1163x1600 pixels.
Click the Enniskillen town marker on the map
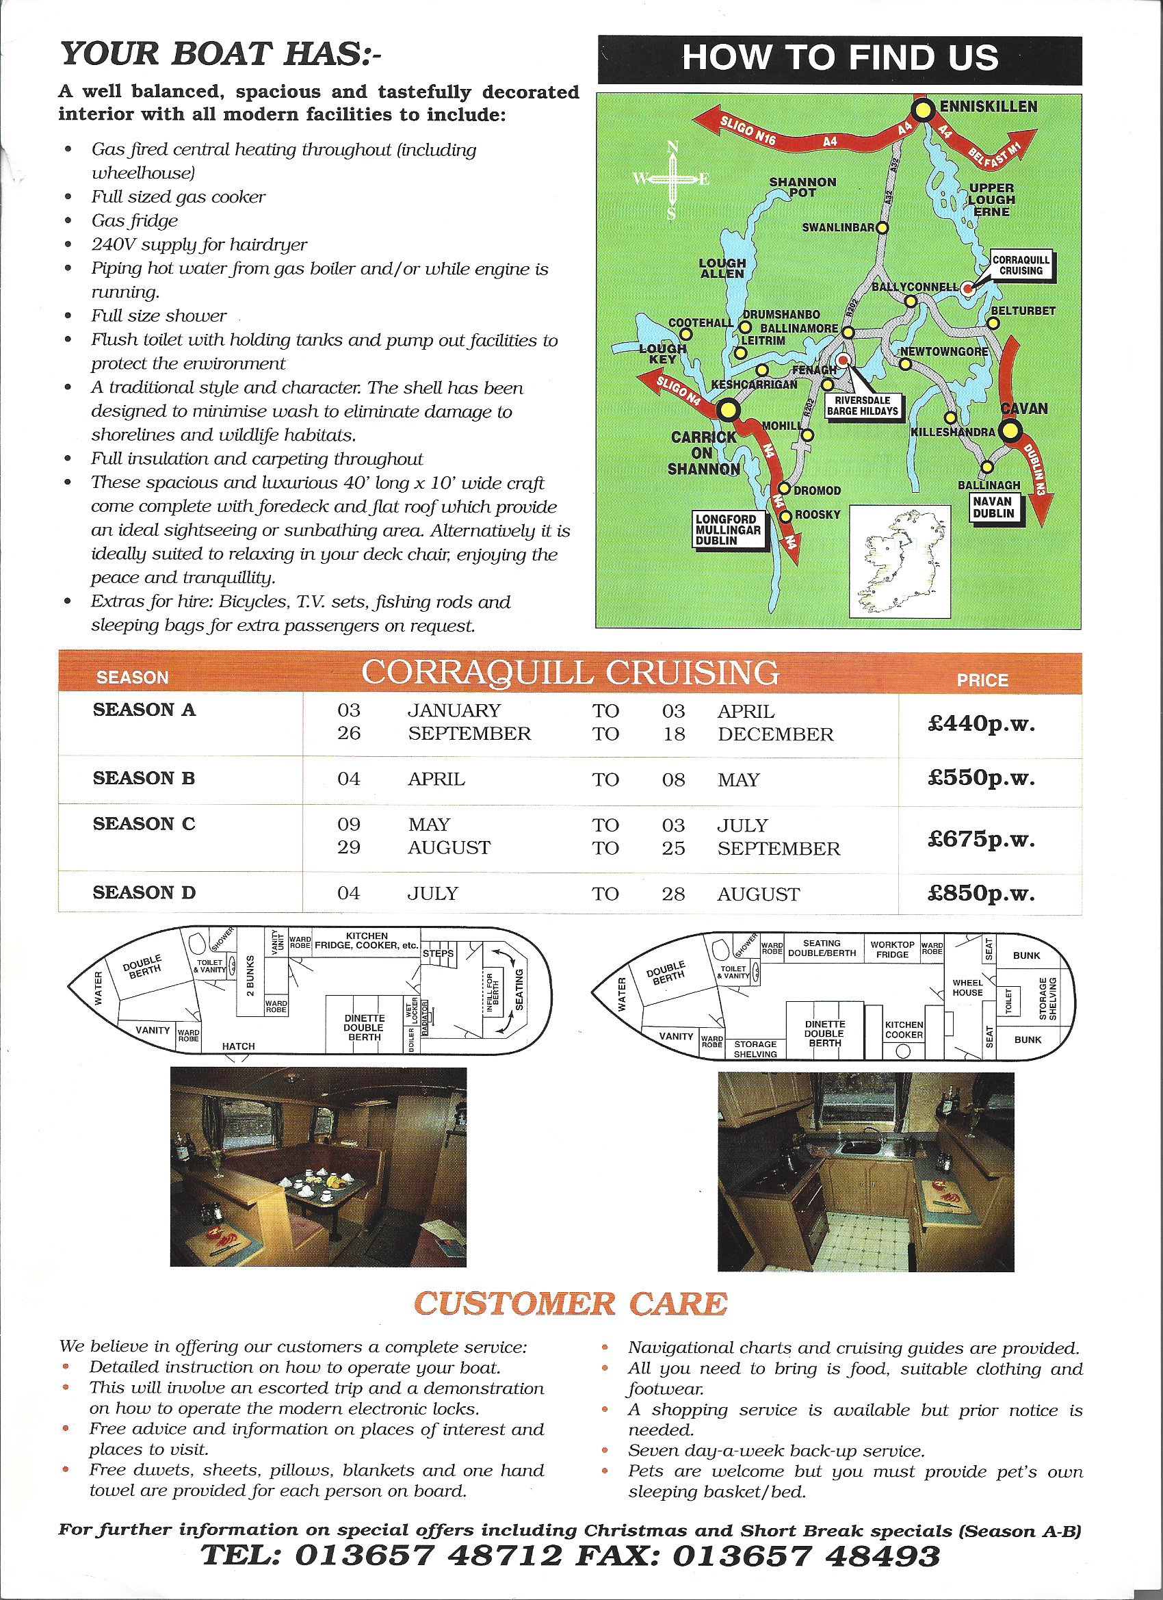pyautogui.click(x=922, y=111)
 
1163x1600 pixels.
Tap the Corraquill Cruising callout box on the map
pyautogui.click(x=1021, y=266)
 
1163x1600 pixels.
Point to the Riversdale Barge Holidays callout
pyautogui.click(x=863, y=406)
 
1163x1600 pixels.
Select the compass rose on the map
pyautogui.click(x=672, y=179)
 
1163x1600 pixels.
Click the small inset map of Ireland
pyautogui.click(x=900, y=561)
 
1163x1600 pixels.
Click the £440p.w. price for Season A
pyautogui.click(x=981, y=725)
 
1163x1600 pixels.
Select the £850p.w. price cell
pyautogui.click(x=981, y=894)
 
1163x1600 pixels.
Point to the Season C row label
pyautogui.click(x=144, y=824)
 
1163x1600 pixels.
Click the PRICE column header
pyautogui.click(x=982, y=680)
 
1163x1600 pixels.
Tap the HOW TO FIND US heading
pyautogui.click(x=839, y=59)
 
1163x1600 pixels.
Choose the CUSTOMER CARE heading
pyautogui.click(x=570, y=1304)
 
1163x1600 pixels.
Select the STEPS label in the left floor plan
pyautogui.click(x=438, y=954)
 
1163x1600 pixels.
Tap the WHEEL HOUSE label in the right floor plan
pyautogui.click(x=967, y=987)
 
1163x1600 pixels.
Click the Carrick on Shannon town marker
pyautogui.click(x=728, y=410)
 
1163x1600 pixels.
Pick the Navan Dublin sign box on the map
pyautogui.click(x=993, y=507)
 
